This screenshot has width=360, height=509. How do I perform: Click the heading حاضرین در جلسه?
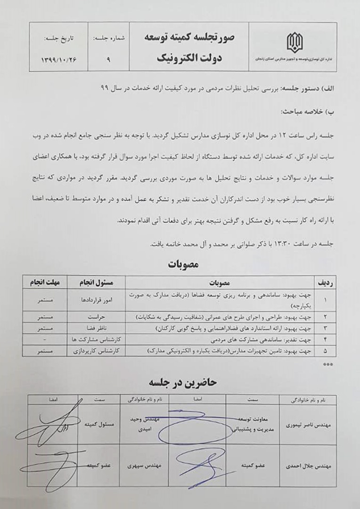pyautogui.click(x=182, y=382)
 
